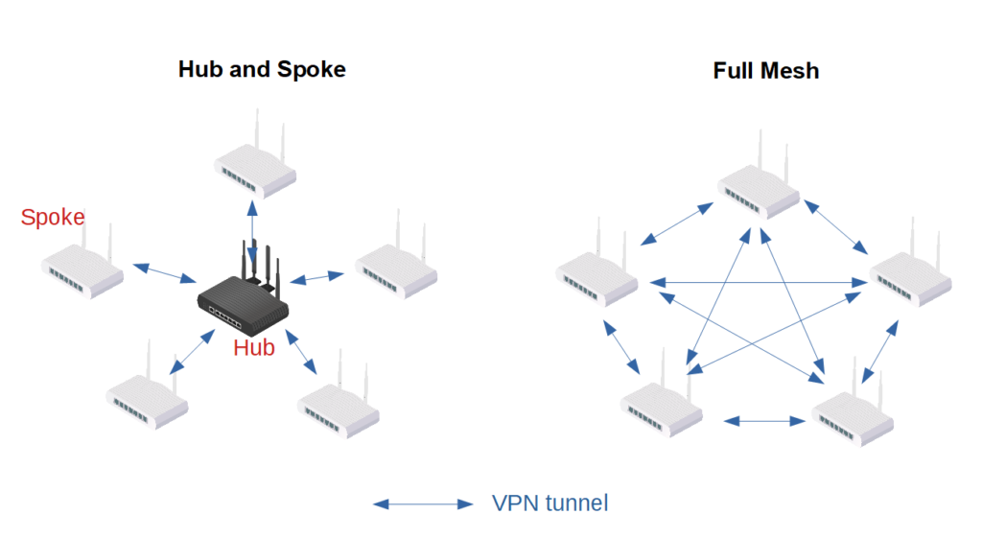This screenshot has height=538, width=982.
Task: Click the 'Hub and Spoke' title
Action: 262,70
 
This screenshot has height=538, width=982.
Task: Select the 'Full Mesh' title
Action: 765,71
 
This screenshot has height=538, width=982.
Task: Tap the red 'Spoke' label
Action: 53,218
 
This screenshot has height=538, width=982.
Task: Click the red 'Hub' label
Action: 254,347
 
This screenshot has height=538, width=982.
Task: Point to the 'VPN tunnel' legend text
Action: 549,503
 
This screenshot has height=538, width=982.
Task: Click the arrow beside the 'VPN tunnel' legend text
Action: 423,503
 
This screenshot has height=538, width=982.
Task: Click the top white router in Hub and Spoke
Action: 254,169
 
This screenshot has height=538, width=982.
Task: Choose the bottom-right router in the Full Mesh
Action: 853,413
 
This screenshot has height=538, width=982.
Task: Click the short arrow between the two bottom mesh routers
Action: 764,420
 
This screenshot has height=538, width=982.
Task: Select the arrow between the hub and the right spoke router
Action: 316,278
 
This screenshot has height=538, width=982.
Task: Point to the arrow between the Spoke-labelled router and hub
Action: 165,272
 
